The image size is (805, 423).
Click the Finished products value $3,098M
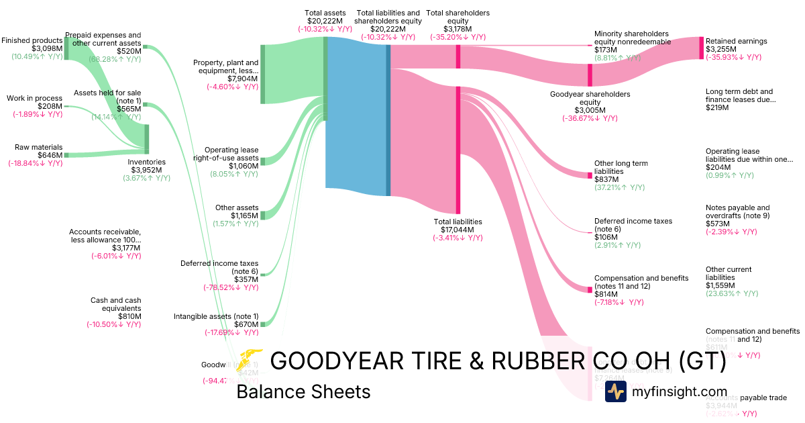point(46,49)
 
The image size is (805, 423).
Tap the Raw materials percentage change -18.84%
point(35,163)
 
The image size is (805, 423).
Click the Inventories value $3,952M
point(146,170)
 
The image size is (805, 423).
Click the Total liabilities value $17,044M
point(458,230)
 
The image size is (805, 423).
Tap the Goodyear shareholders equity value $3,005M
point(590,110)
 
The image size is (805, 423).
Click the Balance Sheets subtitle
point(303,391)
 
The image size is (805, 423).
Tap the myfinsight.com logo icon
point(615,391)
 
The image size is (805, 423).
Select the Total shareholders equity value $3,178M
point(458,30)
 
